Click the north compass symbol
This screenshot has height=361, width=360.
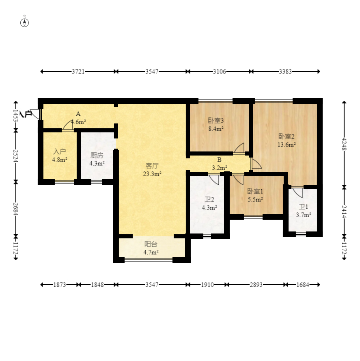25,23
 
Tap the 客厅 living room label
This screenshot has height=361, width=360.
152,166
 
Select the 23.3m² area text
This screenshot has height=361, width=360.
152,174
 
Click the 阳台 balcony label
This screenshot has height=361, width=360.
151,244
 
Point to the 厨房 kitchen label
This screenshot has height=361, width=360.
97,156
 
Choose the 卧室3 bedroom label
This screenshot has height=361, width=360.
216,121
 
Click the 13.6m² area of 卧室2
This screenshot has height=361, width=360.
287,145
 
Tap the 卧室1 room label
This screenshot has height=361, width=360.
255,191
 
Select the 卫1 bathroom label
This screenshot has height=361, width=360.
303,207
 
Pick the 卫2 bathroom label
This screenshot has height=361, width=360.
209,199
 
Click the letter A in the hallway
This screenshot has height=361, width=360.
78,114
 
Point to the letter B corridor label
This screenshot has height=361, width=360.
219,160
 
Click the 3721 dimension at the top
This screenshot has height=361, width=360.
78,71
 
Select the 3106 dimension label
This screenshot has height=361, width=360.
219,71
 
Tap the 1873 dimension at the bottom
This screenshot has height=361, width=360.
60,285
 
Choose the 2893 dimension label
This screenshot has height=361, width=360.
256,285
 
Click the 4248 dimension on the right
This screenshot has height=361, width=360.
344,144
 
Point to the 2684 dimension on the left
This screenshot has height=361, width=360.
16,209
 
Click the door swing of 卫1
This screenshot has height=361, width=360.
298,192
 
